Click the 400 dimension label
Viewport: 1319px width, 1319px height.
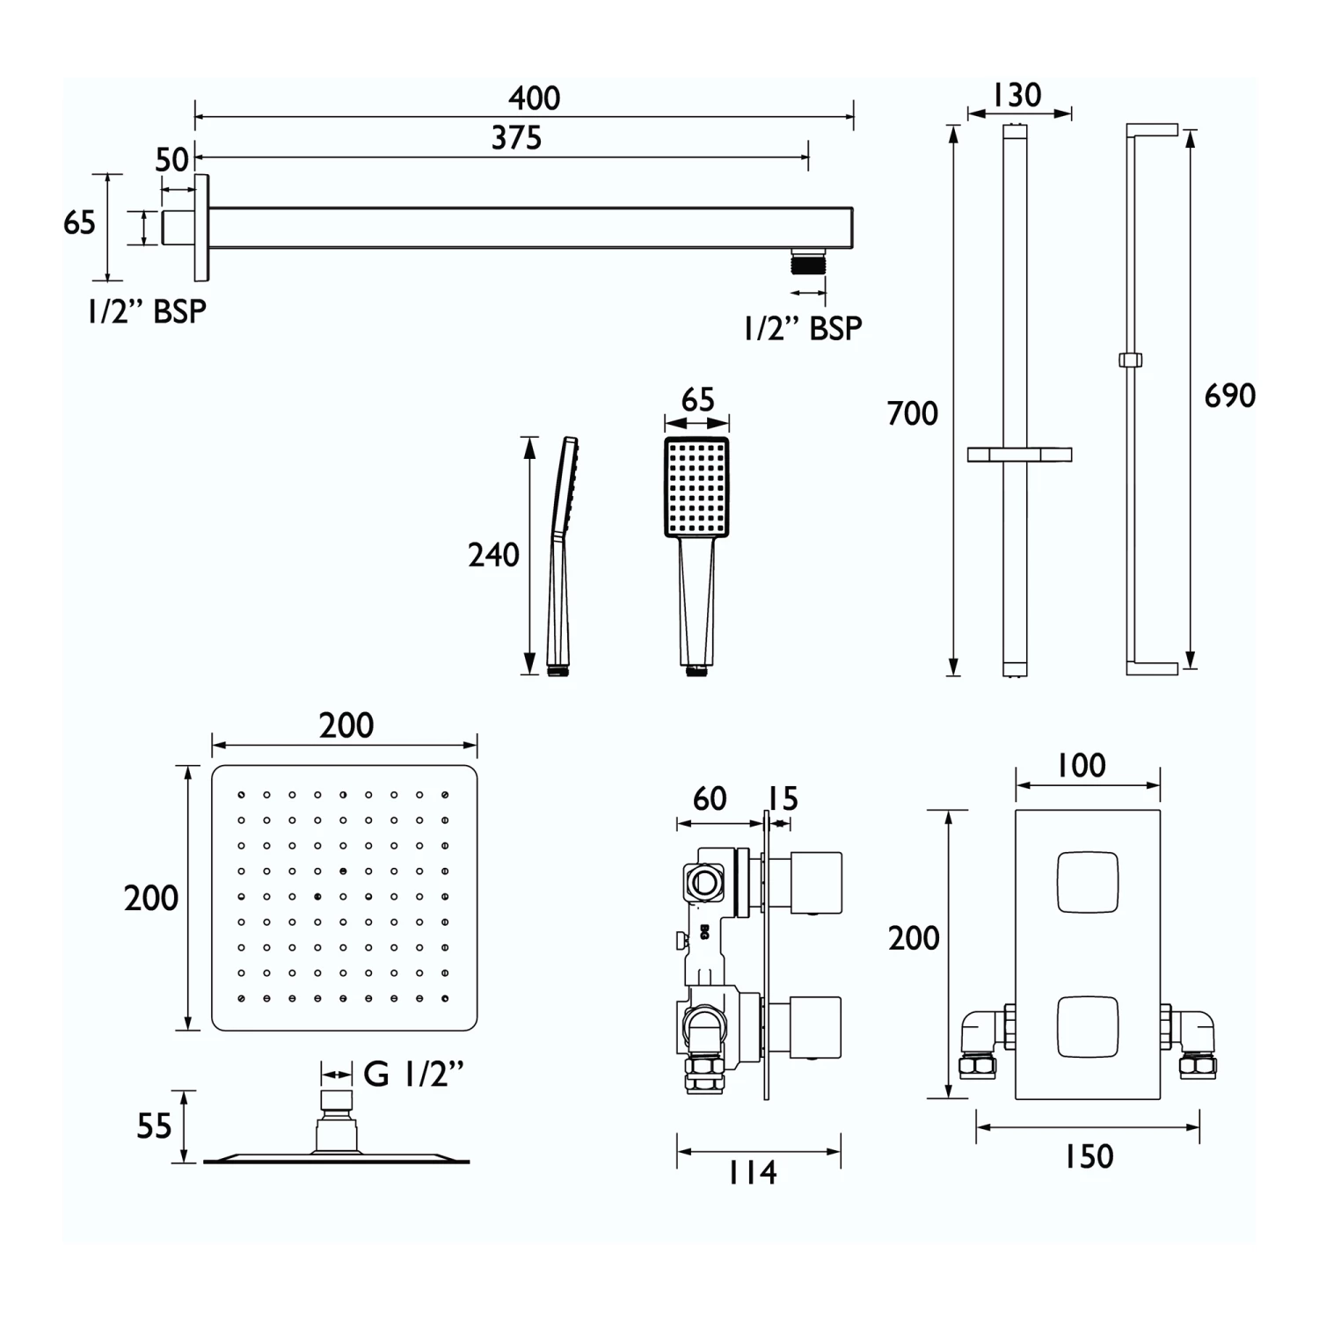[x=534, y=98]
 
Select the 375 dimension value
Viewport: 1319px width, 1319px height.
[x=516, y=138]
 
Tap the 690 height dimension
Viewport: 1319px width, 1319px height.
[x=1229, y=396]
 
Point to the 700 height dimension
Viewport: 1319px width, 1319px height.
[x=913, y=413]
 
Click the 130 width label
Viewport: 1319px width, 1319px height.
[x=1017, y=95]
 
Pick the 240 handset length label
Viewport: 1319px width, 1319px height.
[x=493, y=555]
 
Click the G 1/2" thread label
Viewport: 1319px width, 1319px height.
[x=413, y=1074]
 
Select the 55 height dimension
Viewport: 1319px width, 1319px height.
[x=154, y=1126]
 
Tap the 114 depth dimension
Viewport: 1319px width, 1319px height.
[x=753, y=1172]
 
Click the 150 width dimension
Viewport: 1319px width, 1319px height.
[x=1089, y=1156]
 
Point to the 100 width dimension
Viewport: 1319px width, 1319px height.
[x=1081, y=765]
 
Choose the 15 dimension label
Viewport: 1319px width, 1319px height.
[x=782, y=798]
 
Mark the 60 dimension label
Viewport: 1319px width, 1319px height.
[x=710, y=798]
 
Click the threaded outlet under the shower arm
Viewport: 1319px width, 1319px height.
[x=807, y=262]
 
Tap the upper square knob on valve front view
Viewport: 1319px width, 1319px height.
[x=1088, y=882]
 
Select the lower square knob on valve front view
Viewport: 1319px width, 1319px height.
[x=1088, y=1027]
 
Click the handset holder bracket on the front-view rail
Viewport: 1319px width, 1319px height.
[x=1019, y=455]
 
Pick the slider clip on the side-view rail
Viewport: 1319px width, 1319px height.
[x=1130, y=360]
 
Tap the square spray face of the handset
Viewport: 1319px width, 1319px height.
[x=696, y=487]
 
